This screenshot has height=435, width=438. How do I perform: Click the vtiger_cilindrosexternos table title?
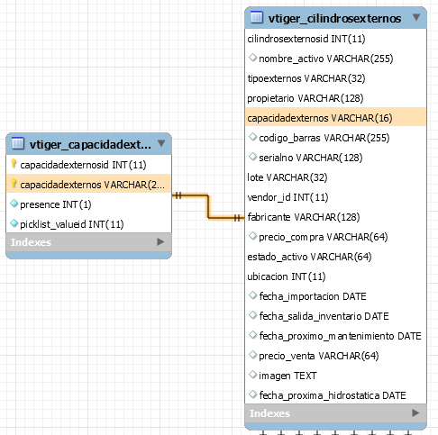click(334, 19)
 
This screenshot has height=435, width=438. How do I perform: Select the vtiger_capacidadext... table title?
click(90, 145)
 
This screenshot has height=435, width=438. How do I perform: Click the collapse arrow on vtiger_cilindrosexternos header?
click(416, 17)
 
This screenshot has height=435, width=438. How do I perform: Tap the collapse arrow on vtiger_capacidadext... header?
click(161, 143)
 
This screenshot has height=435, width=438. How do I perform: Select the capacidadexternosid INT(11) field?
click(83, 165)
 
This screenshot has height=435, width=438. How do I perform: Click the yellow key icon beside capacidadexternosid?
click(14, 164)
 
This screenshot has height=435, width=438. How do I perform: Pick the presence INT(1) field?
click(56, 204)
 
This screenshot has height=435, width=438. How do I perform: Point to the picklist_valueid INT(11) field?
click(72, 224)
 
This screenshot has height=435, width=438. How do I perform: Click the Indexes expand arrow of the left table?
click(160, 241)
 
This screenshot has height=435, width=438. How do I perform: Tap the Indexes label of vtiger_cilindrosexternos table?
click(269, 413)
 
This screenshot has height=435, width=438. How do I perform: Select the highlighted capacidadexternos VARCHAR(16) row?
click(335, 118)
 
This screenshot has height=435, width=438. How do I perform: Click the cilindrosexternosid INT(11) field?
click(306, 39)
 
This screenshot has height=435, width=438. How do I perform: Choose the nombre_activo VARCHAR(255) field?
click(326, 59)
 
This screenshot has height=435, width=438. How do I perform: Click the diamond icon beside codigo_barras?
click(253, 137)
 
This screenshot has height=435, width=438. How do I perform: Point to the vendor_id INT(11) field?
click(287, 197)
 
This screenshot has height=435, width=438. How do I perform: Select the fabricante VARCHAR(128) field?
click(304, 217)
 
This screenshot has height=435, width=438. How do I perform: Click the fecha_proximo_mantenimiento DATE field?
click(340, 336)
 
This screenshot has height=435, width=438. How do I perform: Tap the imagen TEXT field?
click(287, 376)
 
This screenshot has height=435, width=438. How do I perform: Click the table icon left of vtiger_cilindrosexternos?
click(257, 17)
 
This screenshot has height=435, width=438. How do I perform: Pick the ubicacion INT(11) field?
click(287, 276)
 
